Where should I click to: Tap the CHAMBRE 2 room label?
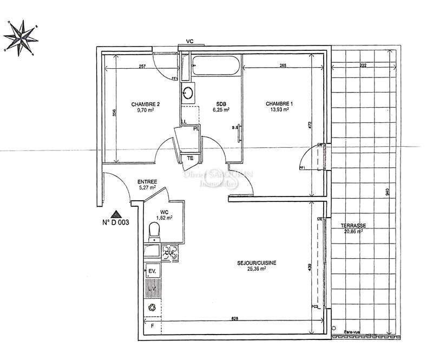pos(145,104)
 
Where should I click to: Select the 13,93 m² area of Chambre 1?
pos(276,109)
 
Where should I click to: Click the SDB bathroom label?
pos(221,104)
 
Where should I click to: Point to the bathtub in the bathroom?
pos(215,66)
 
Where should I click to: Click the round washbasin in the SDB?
pos(188,93)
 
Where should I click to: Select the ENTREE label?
pos(147,182)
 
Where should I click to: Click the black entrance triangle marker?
pos(115,214)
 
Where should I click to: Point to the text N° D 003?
pos(115,222)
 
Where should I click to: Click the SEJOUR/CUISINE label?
pos(257,263)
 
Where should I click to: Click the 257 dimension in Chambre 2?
pos(142,66)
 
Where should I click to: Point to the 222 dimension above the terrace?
pos(362,66)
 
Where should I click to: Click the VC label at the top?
pos(190,42)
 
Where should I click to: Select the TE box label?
pos(190,158)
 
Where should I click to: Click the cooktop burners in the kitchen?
pos(170,251)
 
